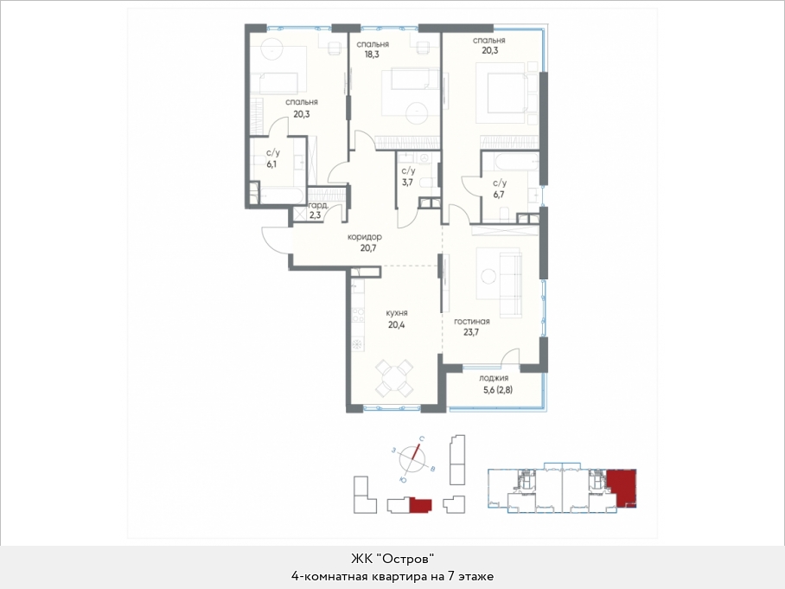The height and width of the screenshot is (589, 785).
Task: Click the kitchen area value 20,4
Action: pos(397,324)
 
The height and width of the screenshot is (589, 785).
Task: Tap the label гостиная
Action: pos(471,322)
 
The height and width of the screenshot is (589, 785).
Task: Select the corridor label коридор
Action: pos(365,237)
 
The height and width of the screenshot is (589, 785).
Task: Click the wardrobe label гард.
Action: pos(318,205)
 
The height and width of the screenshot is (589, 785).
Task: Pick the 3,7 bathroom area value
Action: pos(407,182)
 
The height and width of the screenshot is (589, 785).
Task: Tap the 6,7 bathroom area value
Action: pos(499,195)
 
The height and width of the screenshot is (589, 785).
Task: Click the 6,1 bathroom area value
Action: pos(271,163)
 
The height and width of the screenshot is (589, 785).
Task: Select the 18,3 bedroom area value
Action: pos(372,54)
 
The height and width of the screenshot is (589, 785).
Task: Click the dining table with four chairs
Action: pos(394,378)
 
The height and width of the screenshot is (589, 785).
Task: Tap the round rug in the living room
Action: pos(488,277)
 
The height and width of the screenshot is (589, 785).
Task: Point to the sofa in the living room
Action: pos(511,285)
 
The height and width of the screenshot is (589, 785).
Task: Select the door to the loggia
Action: pos(512,359)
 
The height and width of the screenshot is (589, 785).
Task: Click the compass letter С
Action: pos(422,439)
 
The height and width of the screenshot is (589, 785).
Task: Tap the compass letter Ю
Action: pos(402,480)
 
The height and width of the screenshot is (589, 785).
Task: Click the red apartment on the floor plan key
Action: pos(622,487)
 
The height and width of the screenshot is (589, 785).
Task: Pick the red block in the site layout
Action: pos(420,505)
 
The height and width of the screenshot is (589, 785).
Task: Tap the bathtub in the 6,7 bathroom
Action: pos(510,162)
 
